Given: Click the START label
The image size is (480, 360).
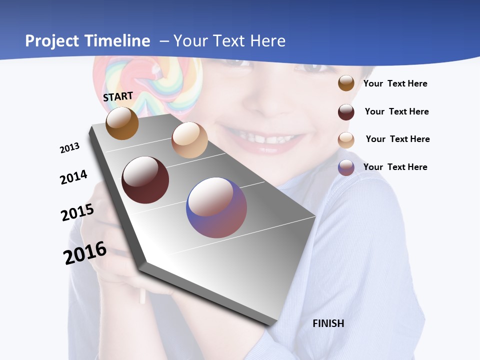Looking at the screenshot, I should [x=118, y=96].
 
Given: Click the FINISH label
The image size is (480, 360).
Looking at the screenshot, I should [x=328, y=323].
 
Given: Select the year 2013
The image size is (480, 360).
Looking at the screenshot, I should [x=69, y=148].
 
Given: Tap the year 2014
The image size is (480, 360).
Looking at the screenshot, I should [x=73, y=177].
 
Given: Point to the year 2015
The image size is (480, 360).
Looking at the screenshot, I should [x=77, y=212].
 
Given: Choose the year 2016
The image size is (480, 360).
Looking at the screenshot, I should [x=85, y=253].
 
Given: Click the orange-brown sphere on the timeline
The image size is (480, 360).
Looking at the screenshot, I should [x=122, y=123].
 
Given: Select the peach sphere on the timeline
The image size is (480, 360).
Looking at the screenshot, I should [x=189, y=140].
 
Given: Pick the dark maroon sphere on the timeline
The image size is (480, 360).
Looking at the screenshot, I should [x=145, y=180].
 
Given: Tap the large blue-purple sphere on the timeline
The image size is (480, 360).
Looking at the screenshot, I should [x=216, y=207].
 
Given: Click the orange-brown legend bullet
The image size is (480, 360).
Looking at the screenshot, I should [x=346, y=83].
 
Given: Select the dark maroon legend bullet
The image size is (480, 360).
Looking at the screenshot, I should [x=346, y=112].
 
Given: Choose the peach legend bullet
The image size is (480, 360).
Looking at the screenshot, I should [x=346, y=140].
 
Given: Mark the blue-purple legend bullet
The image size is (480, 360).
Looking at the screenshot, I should [x=346, y=167].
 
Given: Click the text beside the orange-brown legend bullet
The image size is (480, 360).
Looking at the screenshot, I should [x=395, y=83].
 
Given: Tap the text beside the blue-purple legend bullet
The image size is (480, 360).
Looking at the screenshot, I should [x=395, y=167].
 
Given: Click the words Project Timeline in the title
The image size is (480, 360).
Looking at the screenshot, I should [x=87, y=41].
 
